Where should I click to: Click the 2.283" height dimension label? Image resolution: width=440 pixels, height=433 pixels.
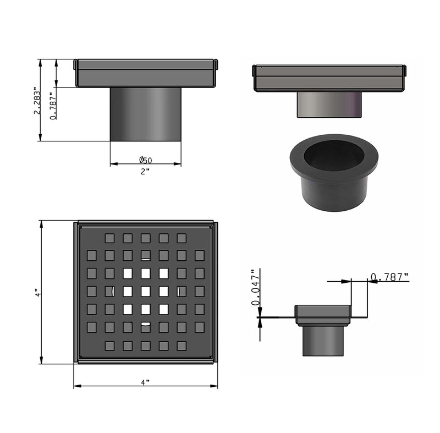(36, 100)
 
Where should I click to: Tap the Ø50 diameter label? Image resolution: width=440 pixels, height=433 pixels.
(146, 160)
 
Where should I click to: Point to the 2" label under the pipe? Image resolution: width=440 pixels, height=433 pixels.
(145, 172)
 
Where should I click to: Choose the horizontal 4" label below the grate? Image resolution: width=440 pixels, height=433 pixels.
(145, 381)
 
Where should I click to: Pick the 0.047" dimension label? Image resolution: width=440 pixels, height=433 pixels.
(255, 287)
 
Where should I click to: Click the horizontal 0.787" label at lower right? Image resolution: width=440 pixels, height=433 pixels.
(389, 277)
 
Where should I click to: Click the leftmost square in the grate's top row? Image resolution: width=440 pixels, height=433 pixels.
(109, 238)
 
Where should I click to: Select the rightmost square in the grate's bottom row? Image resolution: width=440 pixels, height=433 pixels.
(182, 346)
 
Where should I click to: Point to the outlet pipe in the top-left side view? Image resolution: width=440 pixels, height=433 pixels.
(146, 114)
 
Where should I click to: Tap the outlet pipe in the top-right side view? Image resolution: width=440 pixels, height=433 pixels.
(329, 105)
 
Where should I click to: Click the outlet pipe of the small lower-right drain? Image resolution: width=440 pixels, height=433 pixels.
(323, 340)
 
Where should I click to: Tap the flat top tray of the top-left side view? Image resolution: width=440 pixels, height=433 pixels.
(146, 73)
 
